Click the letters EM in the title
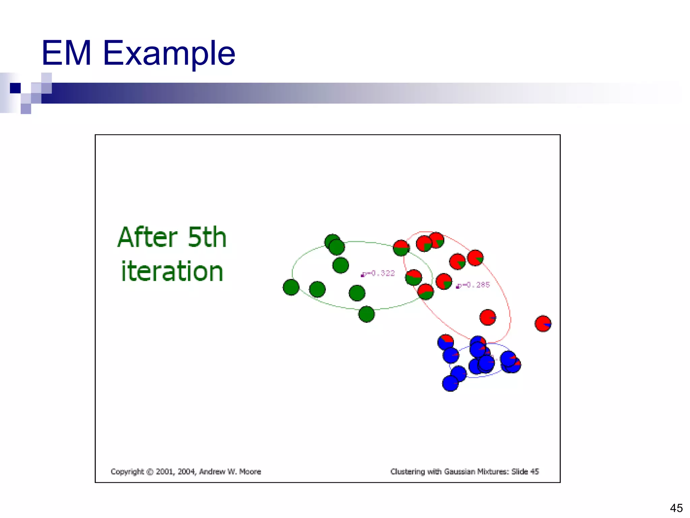tap(66, 53)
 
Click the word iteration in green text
tap(172, 271)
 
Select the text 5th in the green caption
tap(207, 237)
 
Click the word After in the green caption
tap(147, 237)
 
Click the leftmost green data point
tap(291, 287)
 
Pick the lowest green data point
tap(367, 314)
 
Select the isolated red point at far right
tap(543, 324)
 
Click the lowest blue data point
tap(450, 383)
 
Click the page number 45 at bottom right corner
tap(676, 508)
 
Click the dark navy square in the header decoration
tap(15, 88)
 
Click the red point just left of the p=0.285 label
tap(444, 282)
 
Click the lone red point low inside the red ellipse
tap(488, 317)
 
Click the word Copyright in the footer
tap(127, 471)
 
